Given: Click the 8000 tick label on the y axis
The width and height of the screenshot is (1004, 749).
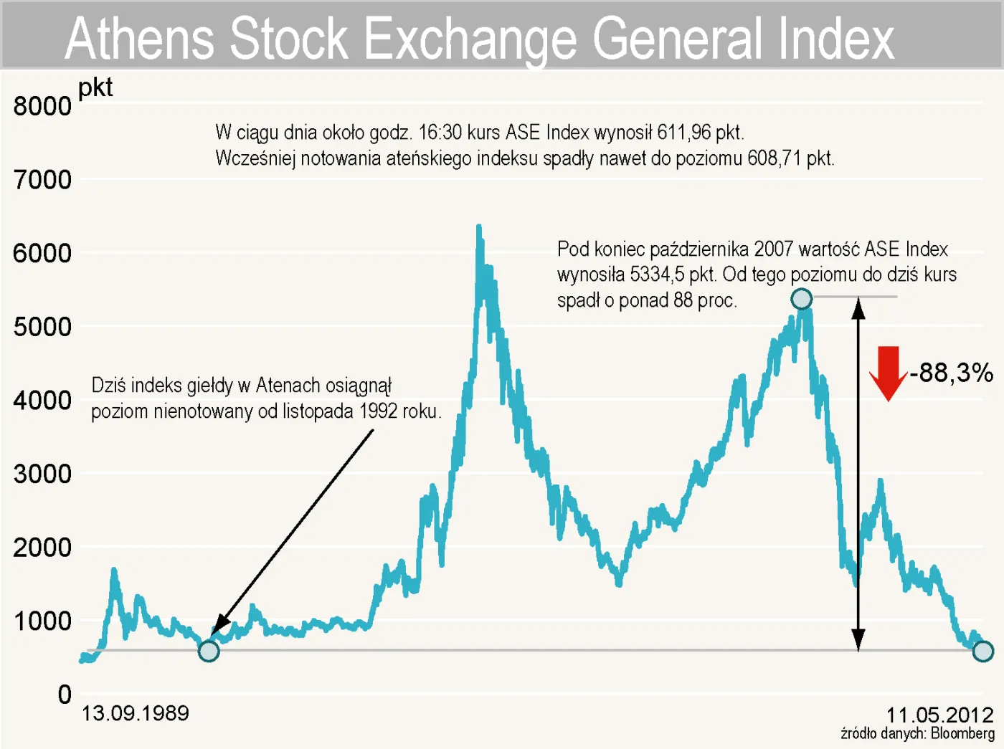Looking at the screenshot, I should click(x=42, y=106).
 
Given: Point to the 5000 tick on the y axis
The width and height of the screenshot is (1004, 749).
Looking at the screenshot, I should click(x=42, y=327).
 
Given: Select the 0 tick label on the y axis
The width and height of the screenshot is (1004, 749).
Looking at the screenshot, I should click(x=65, y=694).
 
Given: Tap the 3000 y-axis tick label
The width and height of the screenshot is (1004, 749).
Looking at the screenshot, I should click(x=42, y=474).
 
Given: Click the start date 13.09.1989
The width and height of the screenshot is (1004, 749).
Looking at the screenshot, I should click(x=135, y=713).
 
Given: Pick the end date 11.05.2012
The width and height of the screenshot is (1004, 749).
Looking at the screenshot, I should click(x=939, y=715).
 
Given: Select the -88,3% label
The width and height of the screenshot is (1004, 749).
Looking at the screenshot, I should click(x=952, y=373).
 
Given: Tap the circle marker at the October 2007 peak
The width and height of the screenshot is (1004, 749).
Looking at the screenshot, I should click(x=801, y=298).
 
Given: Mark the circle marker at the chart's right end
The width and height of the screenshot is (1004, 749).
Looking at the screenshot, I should click(x=982, y=651).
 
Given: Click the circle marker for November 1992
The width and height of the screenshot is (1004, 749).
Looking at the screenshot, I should click(x=209, y=651).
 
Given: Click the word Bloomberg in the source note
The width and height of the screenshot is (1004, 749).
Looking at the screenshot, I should click(x=962, y=733).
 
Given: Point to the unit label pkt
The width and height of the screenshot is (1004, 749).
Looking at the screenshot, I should click(x=95, y=87).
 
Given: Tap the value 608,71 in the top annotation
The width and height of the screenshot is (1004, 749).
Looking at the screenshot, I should click(x=774, y=158).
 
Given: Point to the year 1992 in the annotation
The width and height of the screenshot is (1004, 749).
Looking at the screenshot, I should click(x=379, y=411).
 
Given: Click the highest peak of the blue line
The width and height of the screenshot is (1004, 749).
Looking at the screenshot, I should click(x=478, y=226).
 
